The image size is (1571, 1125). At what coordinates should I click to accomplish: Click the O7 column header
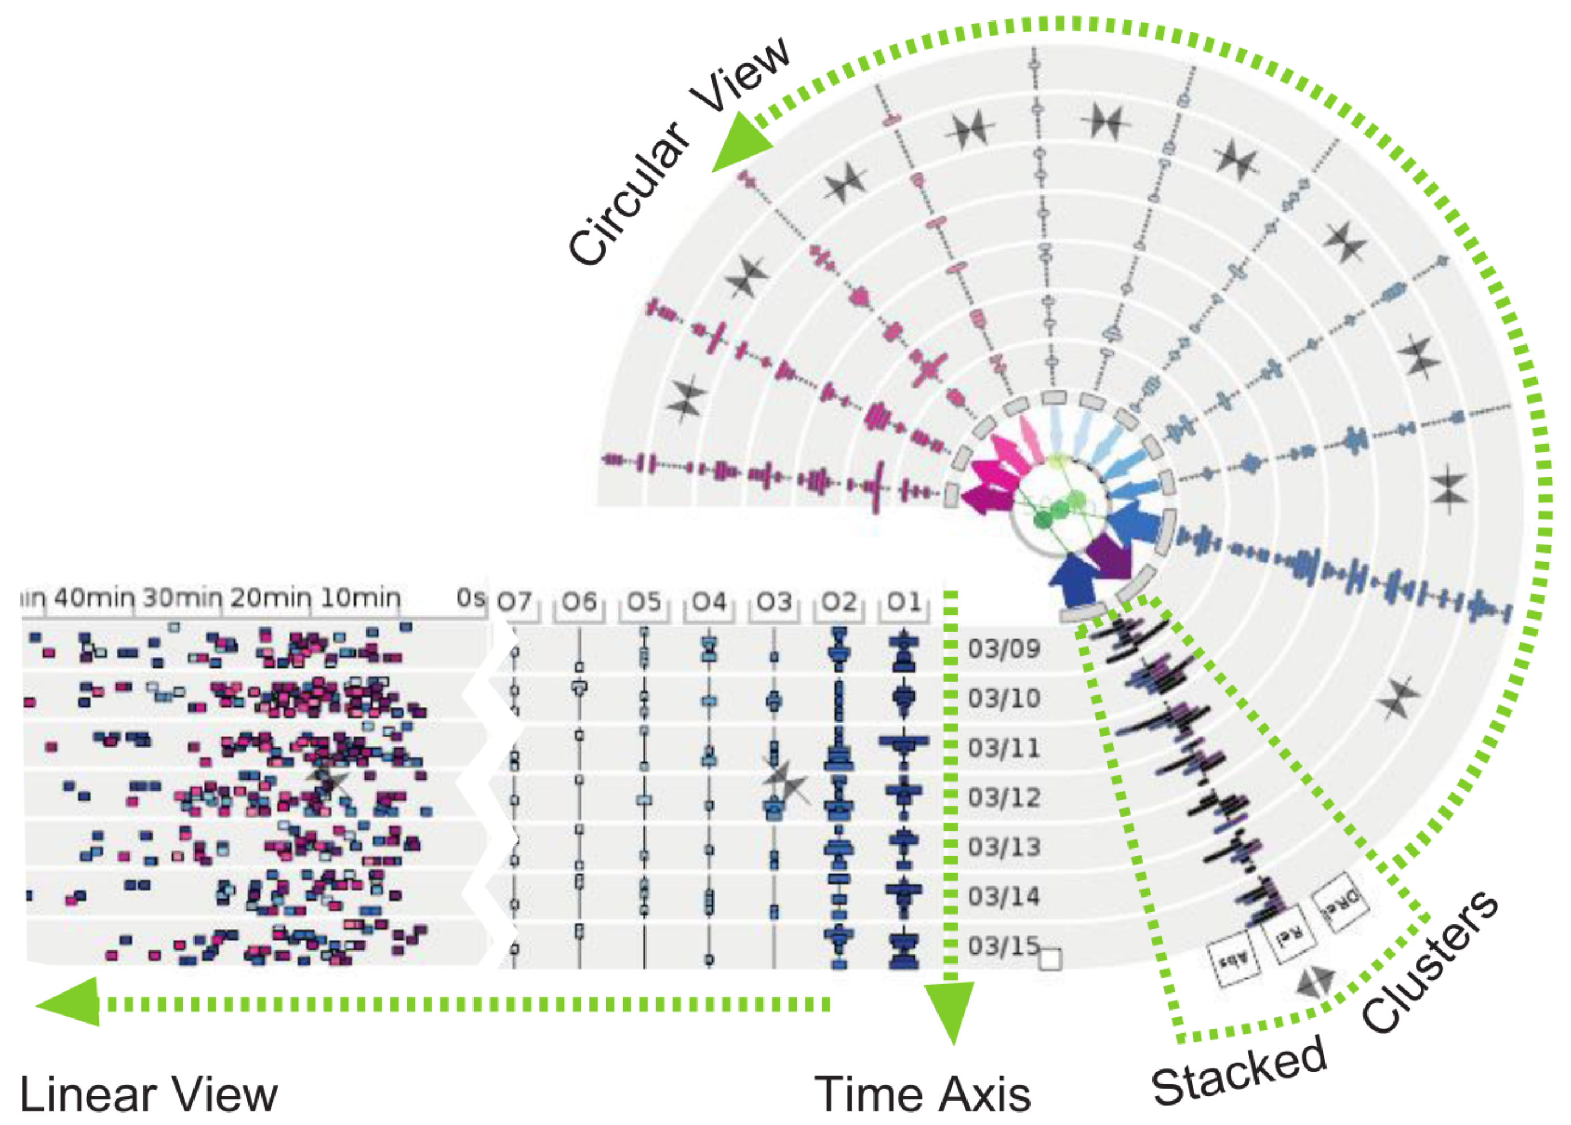click(514, 603)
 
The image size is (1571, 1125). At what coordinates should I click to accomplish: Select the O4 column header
click(710, 603)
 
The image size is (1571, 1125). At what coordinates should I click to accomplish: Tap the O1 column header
click(904, 603)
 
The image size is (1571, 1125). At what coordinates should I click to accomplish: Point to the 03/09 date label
click(1004, 649)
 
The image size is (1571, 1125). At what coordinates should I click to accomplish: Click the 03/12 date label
click(1004, 798)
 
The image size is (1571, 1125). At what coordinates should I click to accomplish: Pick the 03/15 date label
click(1004, 946)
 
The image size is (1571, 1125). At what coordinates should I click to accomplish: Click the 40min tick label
click(94, 598)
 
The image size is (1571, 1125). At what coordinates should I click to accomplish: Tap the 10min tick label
click(360, 598)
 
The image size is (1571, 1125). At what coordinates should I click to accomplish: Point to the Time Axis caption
click(922, 1094)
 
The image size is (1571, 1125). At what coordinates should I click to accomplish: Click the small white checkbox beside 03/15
click(1050, 960)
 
